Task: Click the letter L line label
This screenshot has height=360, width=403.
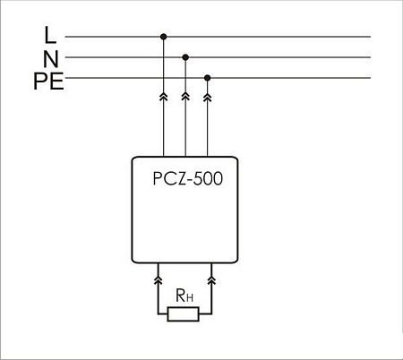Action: pyautogui.click(x=49, y=36)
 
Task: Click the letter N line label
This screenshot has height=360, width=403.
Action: pyautogui.click(x=50, y=59)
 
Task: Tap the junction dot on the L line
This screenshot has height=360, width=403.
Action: pyautogui.click(x=163, y=37)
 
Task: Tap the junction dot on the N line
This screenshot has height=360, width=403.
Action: pyautogui.click(x=185, y=56)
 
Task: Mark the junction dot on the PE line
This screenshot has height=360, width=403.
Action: pyautogui.click(x=208, y=78)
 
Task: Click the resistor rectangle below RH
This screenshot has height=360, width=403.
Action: pyautogui.click(x=185, y=313)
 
